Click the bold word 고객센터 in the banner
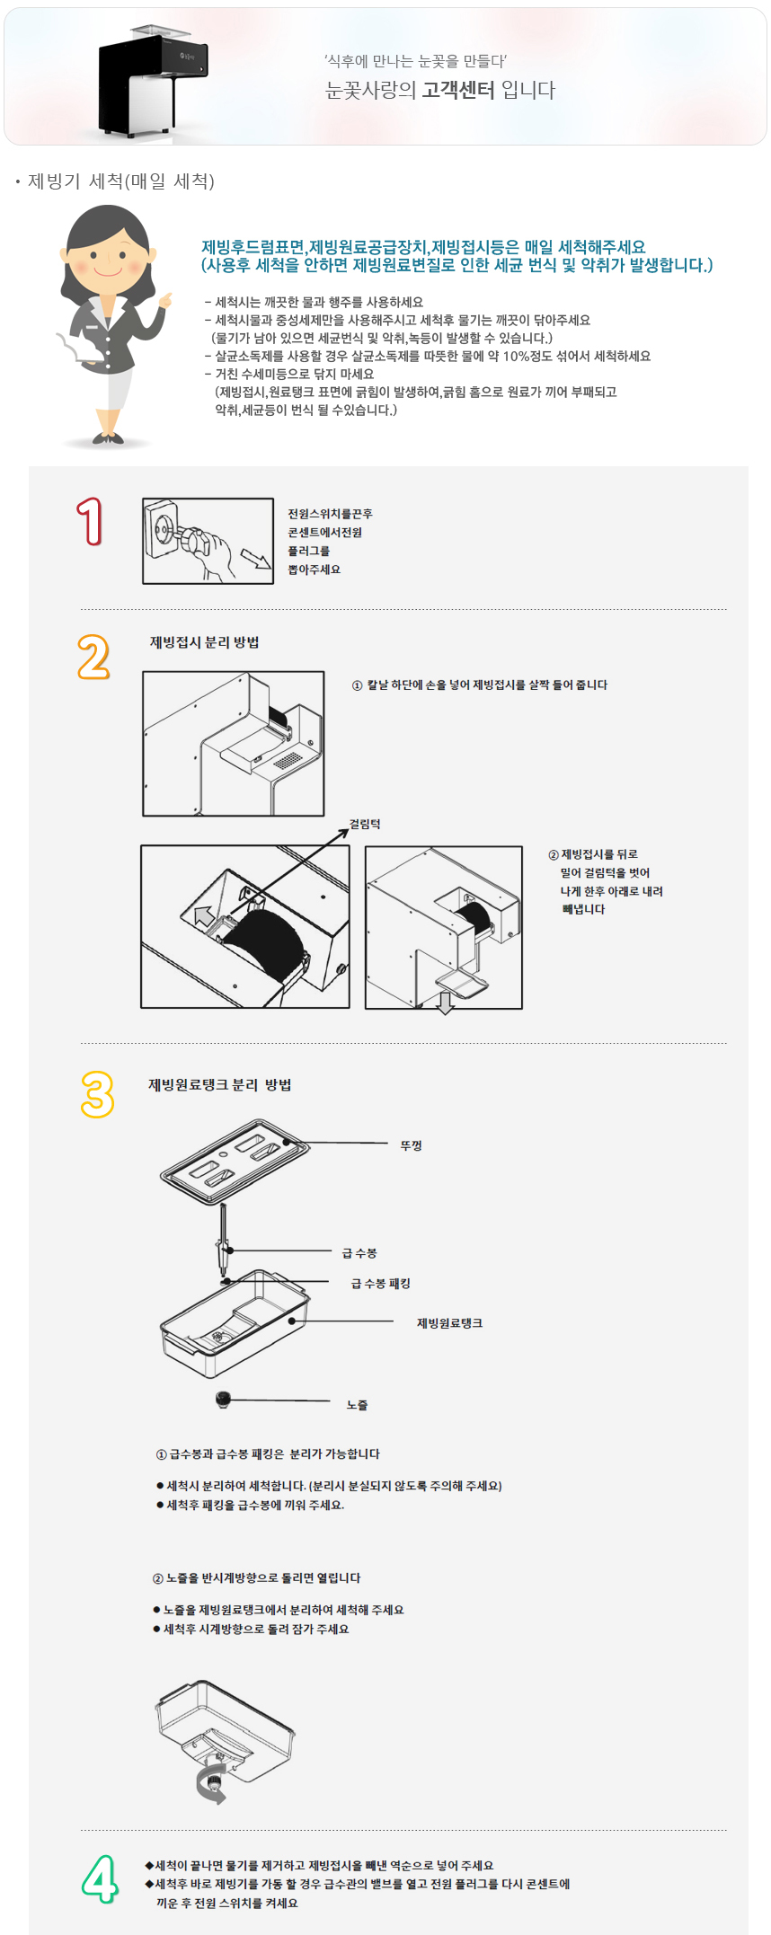click(x=458, y=90)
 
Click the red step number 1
click(x=90, y=521)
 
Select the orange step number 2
click(x=93, y=657)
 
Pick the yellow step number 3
click(x=98, y=1094)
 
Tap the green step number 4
click(x=100, y=1878)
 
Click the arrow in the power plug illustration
click(x=255, y=558)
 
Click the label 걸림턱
click(x=365, y=824)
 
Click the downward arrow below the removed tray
click(x=445, y=1003)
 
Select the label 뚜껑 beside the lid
click(x=412, y=1145)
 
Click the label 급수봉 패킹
click(x=381, y=1284)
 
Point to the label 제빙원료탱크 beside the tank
click(x=449, y=1323)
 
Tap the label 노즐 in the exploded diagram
click(x=357, y=1405)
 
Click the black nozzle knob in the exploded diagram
click(x=224, y=1399)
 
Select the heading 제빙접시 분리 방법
click(x=204, y=642)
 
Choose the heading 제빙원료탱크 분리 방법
click(x=219, y=1084)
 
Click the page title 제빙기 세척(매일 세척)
click(x=121, y=181)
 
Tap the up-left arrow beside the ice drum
click(x=203, y=915)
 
